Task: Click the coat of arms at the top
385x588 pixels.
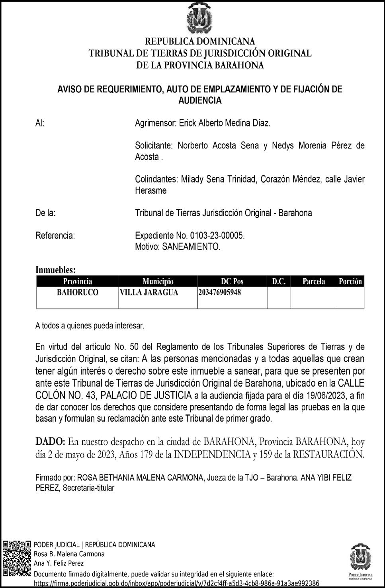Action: coord(200,18)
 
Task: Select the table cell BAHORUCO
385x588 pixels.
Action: coord(78,293)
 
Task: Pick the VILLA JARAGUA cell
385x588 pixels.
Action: coord(149,293)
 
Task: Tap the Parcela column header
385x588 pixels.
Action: coord(314,281)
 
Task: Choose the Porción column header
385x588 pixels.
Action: coord(350,281)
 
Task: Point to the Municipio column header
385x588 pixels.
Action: coord(158,281)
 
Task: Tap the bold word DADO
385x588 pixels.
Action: coord(50,441)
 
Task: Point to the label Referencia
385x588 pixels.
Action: coord(55,235)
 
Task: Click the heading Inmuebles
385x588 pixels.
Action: coord(55,270)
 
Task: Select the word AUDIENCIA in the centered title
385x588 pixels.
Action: coord(200,100)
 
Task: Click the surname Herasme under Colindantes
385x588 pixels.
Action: coord(151,190)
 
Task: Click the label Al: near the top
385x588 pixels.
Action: coord(40,123)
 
